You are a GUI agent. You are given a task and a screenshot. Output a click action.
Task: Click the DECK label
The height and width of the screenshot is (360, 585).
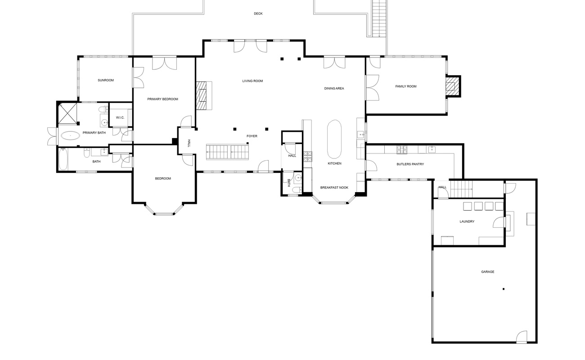click(x=258, y=13)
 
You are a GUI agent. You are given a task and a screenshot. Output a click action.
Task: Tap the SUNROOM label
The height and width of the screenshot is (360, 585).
click(x=106, y=80)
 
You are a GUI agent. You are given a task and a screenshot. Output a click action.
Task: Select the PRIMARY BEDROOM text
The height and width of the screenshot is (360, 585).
click(x=163, y=99)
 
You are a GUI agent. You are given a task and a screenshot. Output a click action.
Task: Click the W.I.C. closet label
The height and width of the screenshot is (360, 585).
click(x=120, y=117)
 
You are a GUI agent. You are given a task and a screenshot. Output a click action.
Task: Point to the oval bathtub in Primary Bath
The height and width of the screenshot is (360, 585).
click(x=70, y=135)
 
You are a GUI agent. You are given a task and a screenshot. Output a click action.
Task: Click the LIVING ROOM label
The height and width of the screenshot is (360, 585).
click(x=252, y=81)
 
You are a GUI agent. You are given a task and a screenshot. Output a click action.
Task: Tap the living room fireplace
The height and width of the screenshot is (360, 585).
click(x=204, y=95)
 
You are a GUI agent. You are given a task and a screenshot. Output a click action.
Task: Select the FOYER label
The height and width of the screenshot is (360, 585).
click(x=252, y=136)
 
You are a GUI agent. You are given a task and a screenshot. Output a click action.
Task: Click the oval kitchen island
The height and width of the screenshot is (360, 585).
click(x=334, y=139)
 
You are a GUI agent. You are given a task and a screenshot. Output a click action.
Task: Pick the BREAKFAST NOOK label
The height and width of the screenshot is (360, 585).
click(x=334, y=187)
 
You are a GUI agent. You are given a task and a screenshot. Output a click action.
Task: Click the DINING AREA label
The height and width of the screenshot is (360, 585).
click(x=334, y=88)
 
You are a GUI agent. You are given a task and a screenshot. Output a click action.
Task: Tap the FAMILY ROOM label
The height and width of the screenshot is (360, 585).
click(x=405, y=86)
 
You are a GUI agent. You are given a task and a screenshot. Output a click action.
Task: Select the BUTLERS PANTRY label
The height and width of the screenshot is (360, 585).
click(x=410, y=164)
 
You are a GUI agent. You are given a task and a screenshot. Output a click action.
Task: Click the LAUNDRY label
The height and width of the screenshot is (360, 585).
click(x=467, y=221)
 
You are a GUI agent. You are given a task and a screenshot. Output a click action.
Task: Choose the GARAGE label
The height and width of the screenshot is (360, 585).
click(x=487, y=272)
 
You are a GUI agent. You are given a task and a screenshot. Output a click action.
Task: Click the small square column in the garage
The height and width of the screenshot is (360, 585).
click(x=504, y=289)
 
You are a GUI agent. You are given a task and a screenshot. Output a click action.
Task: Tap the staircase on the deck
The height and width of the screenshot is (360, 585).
click(x=379, y=18)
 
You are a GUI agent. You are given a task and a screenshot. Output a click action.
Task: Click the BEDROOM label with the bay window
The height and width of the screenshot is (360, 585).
click(x=163, y=179)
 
